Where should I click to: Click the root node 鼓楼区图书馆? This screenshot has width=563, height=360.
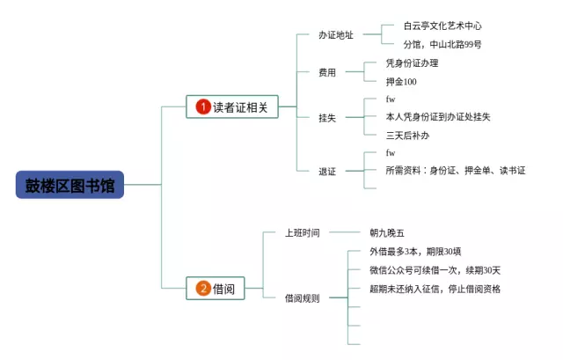tap(70, 185)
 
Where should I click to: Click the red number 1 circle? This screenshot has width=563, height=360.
tap(203, 107)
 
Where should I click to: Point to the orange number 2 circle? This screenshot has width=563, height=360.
tap(203, 288)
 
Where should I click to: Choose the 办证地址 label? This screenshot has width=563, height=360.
tap(336, 35)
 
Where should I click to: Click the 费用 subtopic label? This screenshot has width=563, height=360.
tap(327, 72)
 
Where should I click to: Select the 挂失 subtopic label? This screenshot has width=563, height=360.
tap(327, 117)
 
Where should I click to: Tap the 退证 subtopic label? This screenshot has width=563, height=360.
tap(327, 172)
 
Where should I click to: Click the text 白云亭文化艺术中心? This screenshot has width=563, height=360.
tap(442, 26)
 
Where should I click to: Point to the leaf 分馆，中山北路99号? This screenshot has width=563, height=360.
tap(442, 44)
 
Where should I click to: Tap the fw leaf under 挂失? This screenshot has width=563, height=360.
tap(391, 99)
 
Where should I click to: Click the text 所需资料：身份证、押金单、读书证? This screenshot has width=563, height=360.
tap(455, 170)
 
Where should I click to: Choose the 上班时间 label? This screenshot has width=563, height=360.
tap(302, 233)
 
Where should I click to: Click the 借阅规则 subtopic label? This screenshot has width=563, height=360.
tap(302, 298)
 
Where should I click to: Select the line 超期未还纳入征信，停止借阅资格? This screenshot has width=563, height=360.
tap(435, 289)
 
